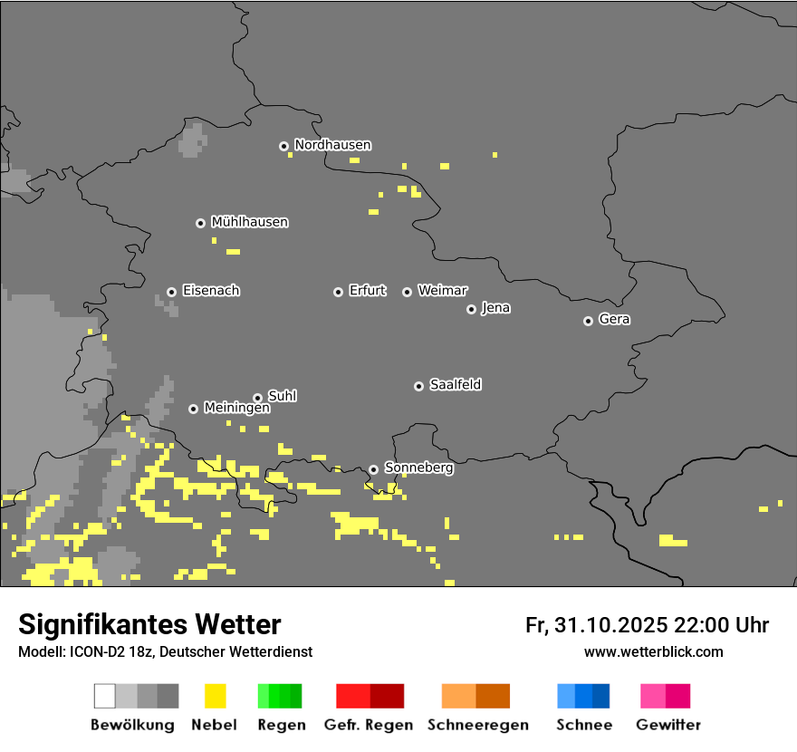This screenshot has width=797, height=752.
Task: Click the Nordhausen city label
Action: pyautogui.click(x=332, y=145)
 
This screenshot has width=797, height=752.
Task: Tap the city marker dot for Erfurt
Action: pyautogui.click(x=338, y=292)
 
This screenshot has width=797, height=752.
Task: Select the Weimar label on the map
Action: pyautogui.click(x=442, y=291)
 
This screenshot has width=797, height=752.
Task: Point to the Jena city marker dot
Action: pyautogui.click(x=471, y=309)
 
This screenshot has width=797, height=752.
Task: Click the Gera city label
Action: pyautogui.click(x=614, y=320)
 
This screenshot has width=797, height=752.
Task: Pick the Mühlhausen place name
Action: pyautogui.click(x=249, y=222)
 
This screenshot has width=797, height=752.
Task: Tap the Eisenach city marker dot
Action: pyautogui.click(x=171, y=292)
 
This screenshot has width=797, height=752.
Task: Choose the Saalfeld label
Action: pyautogui.click(x=455, y=385)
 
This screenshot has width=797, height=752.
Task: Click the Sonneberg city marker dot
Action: pyautogui.click(x=373, y=469)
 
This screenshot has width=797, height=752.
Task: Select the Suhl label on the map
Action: pyautogui.click(x=282, y=396)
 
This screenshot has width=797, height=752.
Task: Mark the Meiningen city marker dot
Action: pyautogui.click(x=193, y=409)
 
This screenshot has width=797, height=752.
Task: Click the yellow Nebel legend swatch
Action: pyautogui.click(x=215, y=696)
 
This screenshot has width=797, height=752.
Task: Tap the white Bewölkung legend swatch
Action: pyautogui.click(x=105, y=696)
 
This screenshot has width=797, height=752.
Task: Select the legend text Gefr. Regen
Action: pyautogui.click(x=369, y=725)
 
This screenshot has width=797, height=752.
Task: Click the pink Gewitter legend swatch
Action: pyautogui.click(x=653, y=696)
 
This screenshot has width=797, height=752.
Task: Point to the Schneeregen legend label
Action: pyautogui.click(x=477, y=725)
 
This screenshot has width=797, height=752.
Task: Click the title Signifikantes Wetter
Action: pyautogui.click(x=149, y=625)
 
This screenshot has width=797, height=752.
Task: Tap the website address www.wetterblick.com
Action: pyautogui.click(x=653, y=652)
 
